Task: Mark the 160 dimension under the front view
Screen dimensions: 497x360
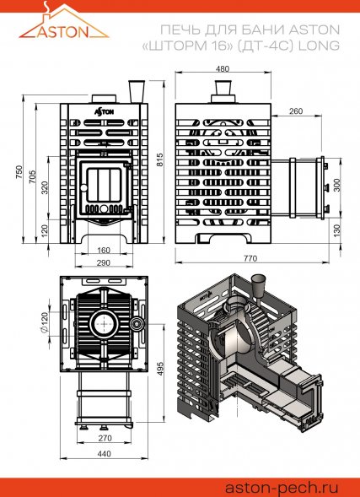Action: (x=105, y=250)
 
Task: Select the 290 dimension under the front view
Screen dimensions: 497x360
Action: (x=105, y=263)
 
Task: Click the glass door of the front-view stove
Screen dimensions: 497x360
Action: (x=104, y=185)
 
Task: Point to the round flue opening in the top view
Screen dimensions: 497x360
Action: (x=105, y=322)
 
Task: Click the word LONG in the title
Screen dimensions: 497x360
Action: (x=320, y=46)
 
